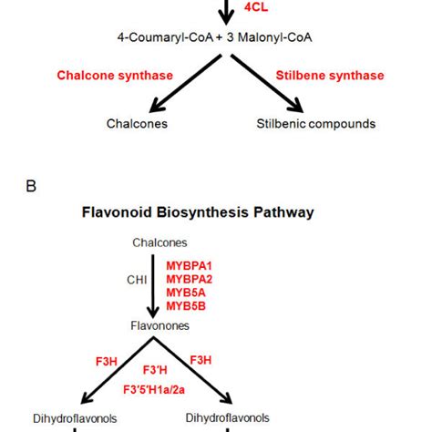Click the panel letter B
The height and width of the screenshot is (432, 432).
(x=32, y=187)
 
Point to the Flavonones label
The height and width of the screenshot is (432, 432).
(x=216, y=324)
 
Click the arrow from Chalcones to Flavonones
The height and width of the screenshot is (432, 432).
(x=216, y=283)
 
